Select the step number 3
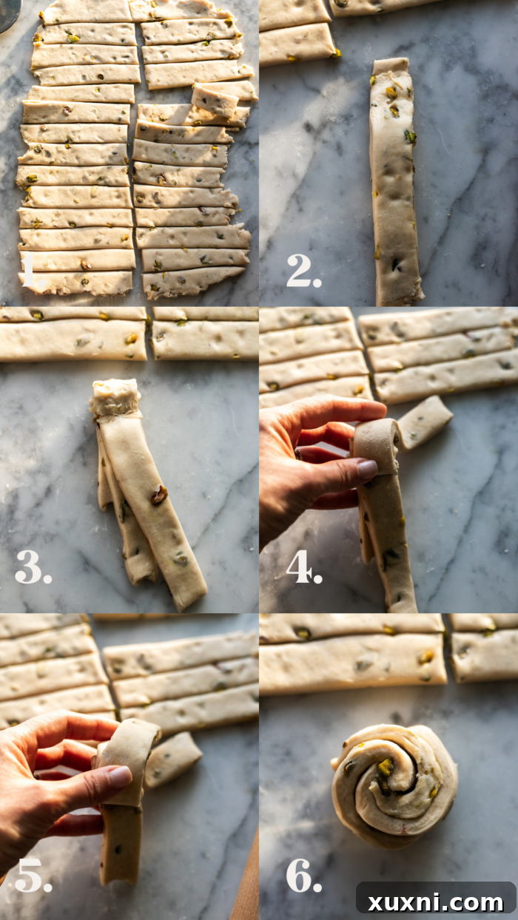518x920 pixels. click(33, 566)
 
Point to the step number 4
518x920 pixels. click(304, 566)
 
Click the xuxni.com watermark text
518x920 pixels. click(436, 902)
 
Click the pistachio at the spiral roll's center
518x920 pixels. click(386, 767)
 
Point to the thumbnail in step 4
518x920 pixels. click(367, 469)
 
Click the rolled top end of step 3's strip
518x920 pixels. click(115, 398)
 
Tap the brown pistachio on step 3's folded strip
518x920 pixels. click(159, 495)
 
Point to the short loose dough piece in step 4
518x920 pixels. click(424, 422)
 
